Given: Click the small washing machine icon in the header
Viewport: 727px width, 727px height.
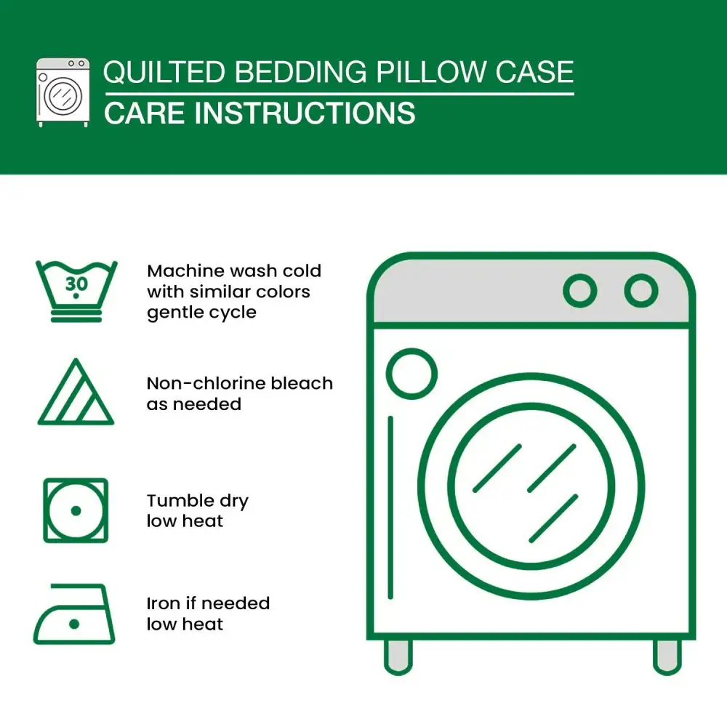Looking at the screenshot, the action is point(63,92).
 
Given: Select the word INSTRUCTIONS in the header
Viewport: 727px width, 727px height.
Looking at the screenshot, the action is point(305,113).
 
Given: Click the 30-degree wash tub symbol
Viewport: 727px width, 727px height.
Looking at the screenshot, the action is point(76,292).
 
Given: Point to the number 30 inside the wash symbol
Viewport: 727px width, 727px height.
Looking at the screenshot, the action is point(76,284).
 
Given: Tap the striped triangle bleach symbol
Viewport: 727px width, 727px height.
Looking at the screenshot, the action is point(76,392).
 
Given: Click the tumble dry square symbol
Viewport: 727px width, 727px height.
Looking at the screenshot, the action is point(76,510).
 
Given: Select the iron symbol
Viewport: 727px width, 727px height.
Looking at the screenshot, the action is point(74,614).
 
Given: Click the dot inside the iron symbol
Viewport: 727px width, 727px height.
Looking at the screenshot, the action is point(74,624).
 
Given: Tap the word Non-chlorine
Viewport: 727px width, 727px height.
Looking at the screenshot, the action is point(206,383).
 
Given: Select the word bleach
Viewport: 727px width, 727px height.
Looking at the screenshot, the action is point(302,383).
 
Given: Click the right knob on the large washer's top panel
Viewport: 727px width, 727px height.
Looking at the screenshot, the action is point(641,291).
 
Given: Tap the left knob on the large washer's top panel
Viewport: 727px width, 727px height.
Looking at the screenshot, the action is point(580,291).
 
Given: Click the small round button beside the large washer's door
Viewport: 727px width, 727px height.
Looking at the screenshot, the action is point(411,374).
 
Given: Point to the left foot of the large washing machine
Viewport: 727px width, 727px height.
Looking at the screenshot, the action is point(398,657).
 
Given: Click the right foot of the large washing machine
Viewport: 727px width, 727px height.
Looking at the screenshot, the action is point(667,657).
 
